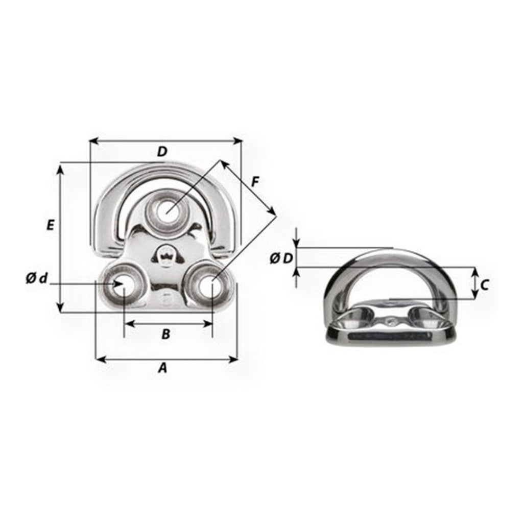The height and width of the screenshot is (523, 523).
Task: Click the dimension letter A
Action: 162,368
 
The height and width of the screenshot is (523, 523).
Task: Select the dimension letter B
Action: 166,334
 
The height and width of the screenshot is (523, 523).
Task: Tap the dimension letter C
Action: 485,285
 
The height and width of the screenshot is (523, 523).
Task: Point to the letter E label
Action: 50,225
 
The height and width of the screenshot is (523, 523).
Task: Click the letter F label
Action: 255,182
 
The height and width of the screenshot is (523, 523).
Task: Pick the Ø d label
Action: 37,278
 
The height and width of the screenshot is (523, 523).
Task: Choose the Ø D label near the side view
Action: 281,258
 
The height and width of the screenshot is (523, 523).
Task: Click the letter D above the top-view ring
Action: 162,152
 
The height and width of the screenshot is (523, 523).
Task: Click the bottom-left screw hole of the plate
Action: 123,285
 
